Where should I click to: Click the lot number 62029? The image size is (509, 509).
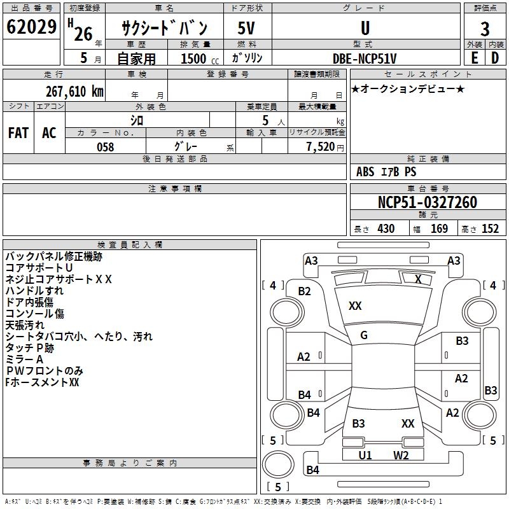31,28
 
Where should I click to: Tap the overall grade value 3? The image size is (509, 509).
485,29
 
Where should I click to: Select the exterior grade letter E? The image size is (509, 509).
474,57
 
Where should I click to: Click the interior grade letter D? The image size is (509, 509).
495,57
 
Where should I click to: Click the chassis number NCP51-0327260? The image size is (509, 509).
428,202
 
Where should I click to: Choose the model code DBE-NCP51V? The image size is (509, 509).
365,58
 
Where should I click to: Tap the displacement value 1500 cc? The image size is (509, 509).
195,59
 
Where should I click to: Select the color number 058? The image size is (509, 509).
105,146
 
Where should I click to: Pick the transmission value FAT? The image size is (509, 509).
18,132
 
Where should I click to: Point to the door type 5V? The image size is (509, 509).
247,29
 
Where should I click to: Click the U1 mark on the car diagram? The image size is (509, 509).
365,455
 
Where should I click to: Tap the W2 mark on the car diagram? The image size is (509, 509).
400,455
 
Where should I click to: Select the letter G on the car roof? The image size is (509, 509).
364,335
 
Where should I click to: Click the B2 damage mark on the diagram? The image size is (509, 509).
305,291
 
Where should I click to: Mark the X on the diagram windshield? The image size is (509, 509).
418,279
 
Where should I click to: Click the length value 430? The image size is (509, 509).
385,228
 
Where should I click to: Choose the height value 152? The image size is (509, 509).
490,228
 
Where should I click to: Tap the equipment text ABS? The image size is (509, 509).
365,172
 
